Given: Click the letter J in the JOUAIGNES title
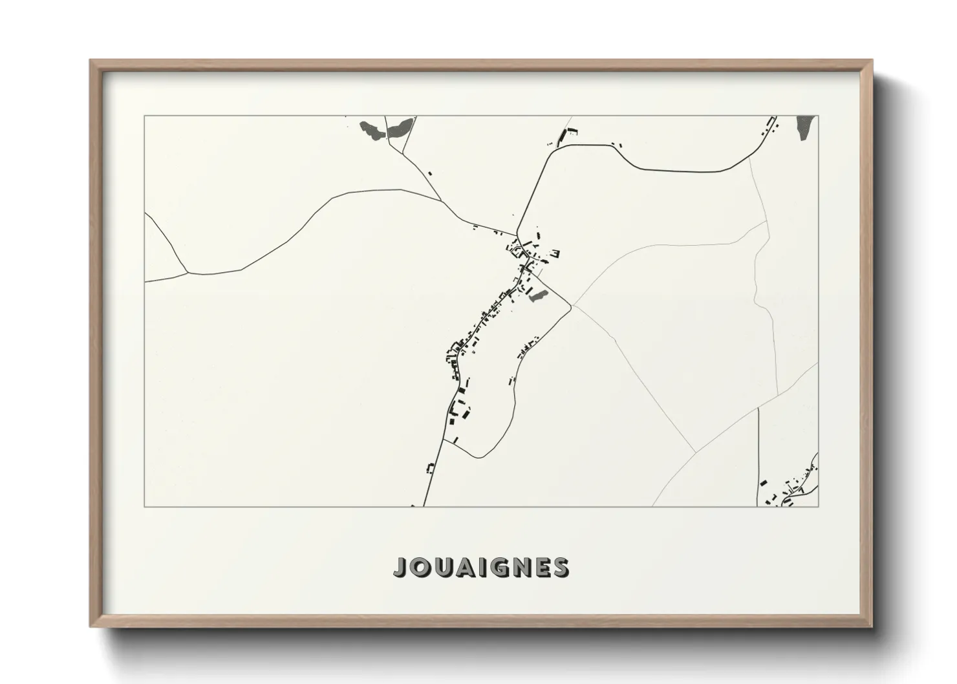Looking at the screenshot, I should pyautogui.click(x=400, y=567).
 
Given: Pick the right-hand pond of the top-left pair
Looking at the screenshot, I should pyautogui.click(x=398, y=128).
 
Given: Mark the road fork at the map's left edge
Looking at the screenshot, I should pyautogui.click(x=187, y=272).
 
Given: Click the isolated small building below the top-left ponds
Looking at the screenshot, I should pyautogui.click(x=429, y=173).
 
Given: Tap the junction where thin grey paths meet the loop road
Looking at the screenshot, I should pyautogui.click(x=571, y=306).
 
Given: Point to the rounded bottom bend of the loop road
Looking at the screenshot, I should pyautogui.click(x=482, y=456).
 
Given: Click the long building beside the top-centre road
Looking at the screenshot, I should pyautogui.click(x=571, y=134).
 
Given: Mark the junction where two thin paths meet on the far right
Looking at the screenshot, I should pyautogui.click(x=768, y=221).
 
